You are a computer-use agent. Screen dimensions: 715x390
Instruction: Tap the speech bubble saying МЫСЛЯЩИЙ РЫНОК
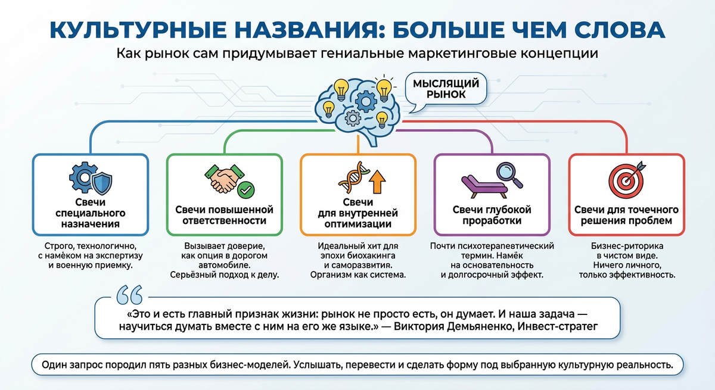point(446,88)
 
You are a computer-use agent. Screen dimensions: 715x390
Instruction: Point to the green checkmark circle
point(246,191)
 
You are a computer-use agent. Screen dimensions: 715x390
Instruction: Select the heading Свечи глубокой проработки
point(492,216)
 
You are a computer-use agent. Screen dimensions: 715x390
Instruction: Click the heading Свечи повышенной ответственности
point(224,216)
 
